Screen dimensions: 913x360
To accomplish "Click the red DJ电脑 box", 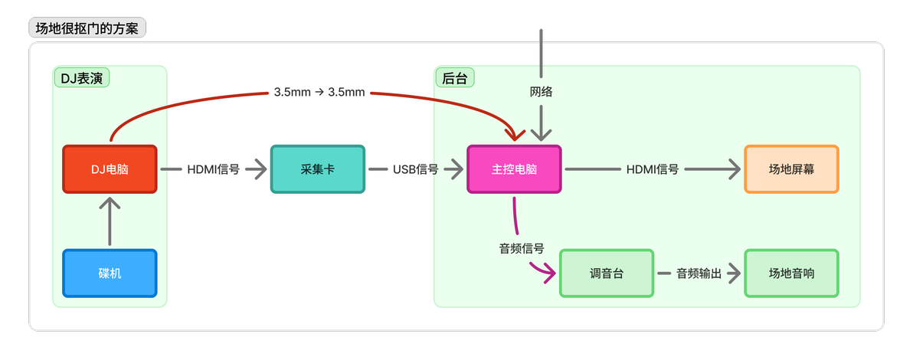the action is pos(110,169).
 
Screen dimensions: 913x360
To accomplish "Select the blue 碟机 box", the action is pos(110,273).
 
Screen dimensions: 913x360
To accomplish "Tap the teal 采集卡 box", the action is pos(317,169).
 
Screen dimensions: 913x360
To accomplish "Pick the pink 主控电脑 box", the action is pos(514,169).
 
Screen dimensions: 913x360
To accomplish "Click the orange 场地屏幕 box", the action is pos(791,169).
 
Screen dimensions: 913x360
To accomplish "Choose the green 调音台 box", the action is pos(606,273).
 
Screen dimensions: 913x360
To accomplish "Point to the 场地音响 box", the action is pos(791,273).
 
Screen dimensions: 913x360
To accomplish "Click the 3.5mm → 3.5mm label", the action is pos(319,92).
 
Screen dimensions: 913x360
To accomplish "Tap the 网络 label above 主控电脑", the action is pos(541,91).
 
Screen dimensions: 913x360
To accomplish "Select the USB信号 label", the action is pos(416,169).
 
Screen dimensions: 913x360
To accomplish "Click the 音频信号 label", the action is pos(522,249).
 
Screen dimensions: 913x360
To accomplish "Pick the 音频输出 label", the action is pos(699,273).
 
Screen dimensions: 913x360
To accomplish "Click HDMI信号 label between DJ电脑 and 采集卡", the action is pos(213,169).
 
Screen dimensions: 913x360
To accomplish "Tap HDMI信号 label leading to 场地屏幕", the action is pos(653,169).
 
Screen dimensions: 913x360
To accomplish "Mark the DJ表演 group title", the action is pos(81,78).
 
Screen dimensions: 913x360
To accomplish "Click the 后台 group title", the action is pos(455,78).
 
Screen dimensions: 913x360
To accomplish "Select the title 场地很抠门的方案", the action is pos(87,28).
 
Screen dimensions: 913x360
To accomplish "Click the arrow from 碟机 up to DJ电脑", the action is pos(110,221).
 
